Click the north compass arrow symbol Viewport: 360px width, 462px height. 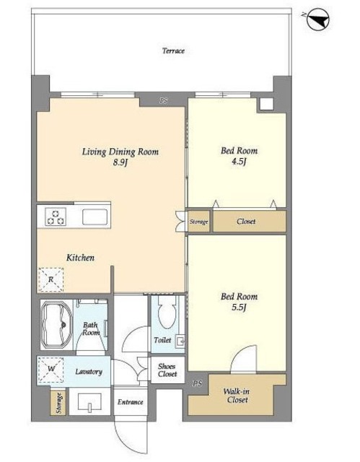(318, 19)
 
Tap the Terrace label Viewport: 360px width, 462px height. (173, 51)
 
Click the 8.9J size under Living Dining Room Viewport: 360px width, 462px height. (120, 162)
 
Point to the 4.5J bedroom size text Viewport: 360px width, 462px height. (239, 162)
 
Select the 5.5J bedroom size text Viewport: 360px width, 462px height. (239, 308)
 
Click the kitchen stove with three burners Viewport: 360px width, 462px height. (56, 217)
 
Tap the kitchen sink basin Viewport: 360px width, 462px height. (95, 217)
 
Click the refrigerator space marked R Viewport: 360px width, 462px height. (51, 279)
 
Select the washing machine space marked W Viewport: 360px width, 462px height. (51, 370)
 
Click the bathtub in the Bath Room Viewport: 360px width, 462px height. (56, 325)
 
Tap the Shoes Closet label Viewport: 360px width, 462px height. (167, 370)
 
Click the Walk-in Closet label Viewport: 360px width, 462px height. (237, 396)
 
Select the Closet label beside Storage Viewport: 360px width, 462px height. (246, 222)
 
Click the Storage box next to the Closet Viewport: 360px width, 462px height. (198, 222)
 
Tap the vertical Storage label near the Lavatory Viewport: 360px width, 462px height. (59, 403)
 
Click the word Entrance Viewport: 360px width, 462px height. (130, 402)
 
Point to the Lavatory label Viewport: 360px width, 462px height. (89, 372)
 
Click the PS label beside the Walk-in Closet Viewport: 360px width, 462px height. (198, 383)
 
